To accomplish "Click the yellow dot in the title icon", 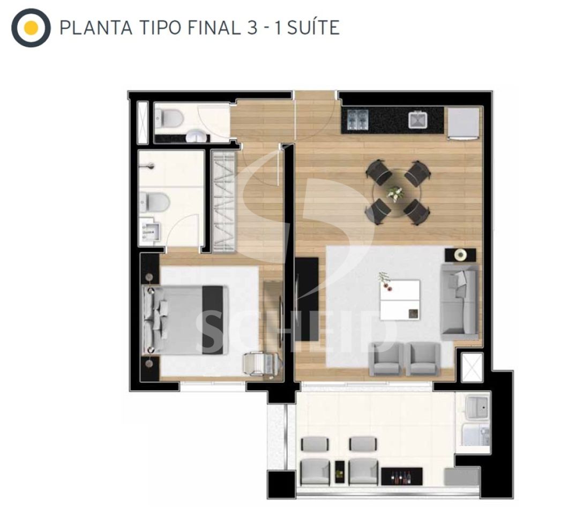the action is pos(31,28).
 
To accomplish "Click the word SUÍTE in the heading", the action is pos(313,28).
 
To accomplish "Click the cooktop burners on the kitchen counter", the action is pos(357,119).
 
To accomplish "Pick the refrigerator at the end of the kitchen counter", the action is pos(464,123).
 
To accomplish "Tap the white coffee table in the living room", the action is pos(400,300).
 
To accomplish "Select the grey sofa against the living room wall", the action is pos(459,301).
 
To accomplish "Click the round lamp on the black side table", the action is pos(460,255).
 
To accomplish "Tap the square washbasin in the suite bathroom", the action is pos(151,231).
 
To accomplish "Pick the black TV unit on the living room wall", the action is pos(307,299).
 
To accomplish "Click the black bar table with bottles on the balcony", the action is pos(402,477).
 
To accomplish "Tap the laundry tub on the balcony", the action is pos(478,407).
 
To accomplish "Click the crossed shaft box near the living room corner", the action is pos(472,367).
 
